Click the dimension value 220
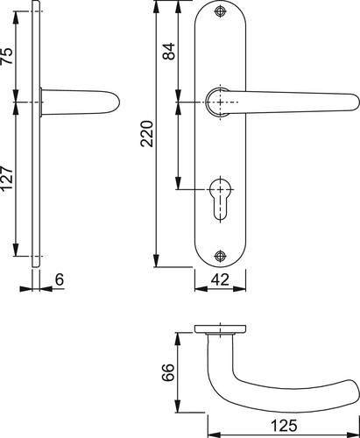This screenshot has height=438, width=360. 147,133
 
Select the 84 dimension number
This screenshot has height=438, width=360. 169,52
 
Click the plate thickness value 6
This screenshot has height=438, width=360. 60,279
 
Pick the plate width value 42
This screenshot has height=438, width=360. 221,279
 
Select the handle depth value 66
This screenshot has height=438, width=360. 168,372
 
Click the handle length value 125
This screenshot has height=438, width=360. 284,426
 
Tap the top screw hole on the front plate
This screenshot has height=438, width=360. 220,11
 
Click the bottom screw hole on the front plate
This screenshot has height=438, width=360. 220,256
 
